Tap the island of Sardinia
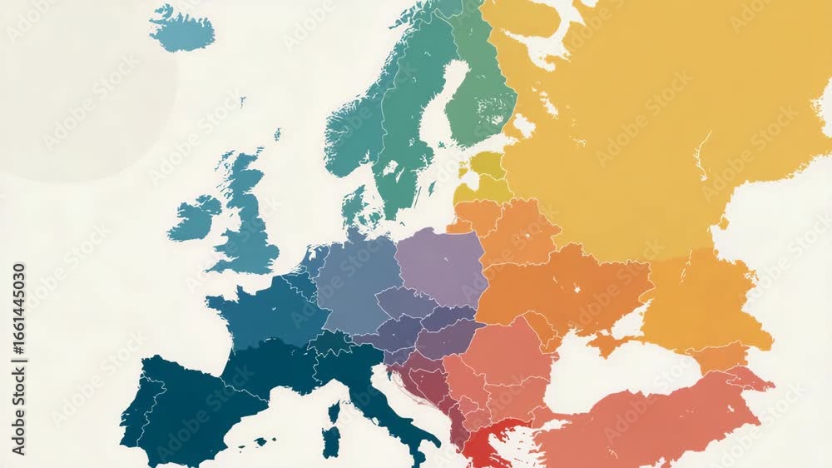[x=331, y=441]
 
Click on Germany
[x=354, y=283]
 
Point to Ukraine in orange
[x=566, y=287]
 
